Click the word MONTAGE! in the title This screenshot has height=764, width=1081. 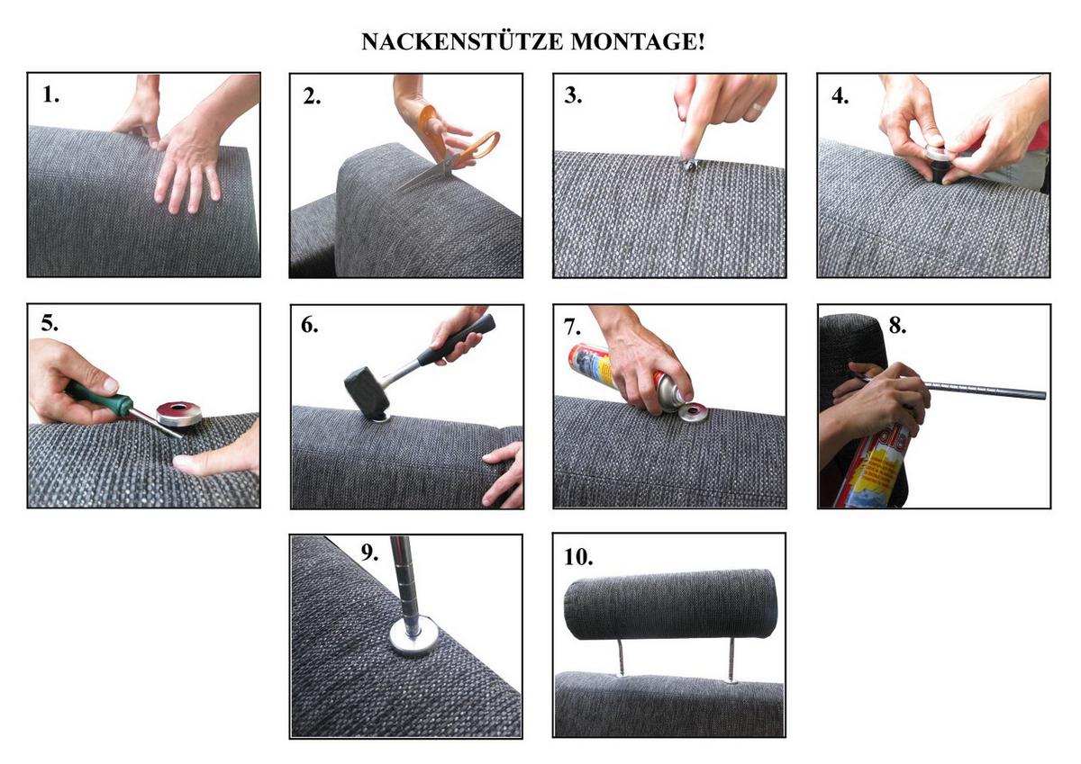[x=638, y=41]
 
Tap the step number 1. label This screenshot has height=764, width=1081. [x=50, y=94]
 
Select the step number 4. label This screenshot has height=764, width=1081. [x=840, y=96]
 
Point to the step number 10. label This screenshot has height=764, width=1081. [x=578, y=557]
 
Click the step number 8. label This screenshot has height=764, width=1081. [x=897, y=326]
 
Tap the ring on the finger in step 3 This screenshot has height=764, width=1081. [x=757, y=108]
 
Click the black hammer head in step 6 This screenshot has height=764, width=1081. [x=367, y=389]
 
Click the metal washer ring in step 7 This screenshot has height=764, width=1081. [x=694, y=411]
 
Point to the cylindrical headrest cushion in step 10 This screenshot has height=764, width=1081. [x=670, y=604]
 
